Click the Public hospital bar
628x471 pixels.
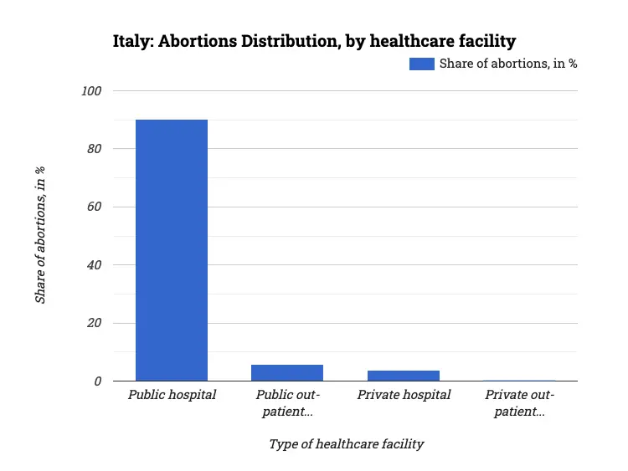(172, 251)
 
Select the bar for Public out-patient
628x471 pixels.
(287, 373)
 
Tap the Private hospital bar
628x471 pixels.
(404, 376)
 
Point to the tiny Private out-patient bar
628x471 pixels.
(519, 381)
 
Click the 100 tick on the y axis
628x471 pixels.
(91, 90)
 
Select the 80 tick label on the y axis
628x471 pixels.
(95, 149)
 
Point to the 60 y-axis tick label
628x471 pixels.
(95, 207)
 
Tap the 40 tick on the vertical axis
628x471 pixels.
(95, 265)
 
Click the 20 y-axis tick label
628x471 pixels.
(95, 323)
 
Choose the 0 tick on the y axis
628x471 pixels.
(98, 381)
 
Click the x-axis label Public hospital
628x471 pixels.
(172, 395)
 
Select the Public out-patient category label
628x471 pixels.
(287, 402)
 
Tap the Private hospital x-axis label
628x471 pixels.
(404, 395)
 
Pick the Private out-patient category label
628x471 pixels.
(519, 402)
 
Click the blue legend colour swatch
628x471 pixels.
(421, 64)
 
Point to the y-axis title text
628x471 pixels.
(40, 235)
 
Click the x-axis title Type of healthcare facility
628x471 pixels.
(346, 444)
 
